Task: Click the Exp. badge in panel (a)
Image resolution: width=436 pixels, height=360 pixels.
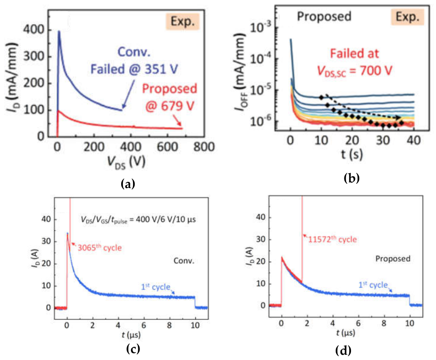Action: [182, 21]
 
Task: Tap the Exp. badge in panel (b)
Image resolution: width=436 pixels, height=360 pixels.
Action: [407, 17]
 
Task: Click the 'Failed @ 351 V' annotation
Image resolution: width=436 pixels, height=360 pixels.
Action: [134, 69]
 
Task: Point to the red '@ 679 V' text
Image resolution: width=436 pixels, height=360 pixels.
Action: [170, 106]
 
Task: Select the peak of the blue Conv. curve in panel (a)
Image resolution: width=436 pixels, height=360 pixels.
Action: [59, 31]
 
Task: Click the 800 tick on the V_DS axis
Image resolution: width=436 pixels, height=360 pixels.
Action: [204, 147]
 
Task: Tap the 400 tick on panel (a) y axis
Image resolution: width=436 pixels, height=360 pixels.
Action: [34, 30]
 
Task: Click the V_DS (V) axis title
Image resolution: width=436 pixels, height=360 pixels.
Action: [126, 162]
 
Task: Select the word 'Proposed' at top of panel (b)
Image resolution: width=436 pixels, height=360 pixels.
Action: [324, 17]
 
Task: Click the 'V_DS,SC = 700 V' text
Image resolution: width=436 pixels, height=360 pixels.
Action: [354, 71]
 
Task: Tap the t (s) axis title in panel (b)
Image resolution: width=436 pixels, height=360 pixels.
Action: [352, 154]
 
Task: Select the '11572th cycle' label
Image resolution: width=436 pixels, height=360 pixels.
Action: [333, 239]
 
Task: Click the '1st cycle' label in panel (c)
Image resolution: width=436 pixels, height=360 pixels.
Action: [156, 287]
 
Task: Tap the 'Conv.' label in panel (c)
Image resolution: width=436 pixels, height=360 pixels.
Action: [184, 261]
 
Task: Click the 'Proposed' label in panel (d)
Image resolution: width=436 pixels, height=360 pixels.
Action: [393, 259]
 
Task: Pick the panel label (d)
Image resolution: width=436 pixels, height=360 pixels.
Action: [343, 350]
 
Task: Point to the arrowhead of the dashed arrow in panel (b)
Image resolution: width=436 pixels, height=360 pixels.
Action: [399, 117]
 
